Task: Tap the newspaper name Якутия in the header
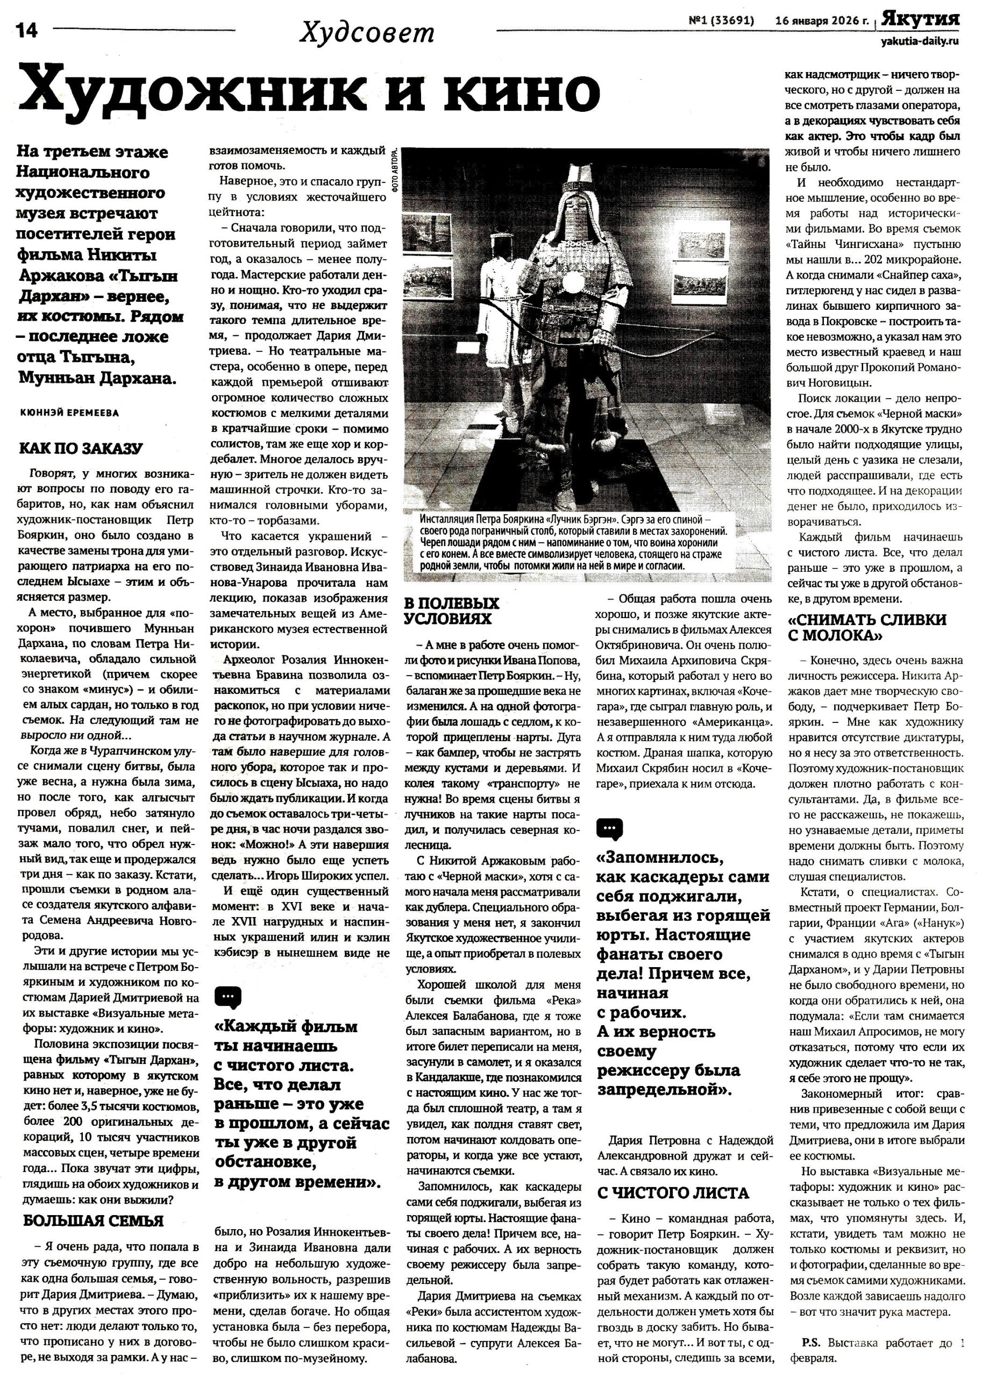[920, 19]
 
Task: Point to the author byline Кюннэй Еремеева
[69, 413]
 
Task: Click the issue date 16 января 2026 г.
[822, 21]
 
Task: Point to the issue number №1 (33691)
[721, 21]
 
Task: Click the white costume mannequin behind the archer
[500, 296]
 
